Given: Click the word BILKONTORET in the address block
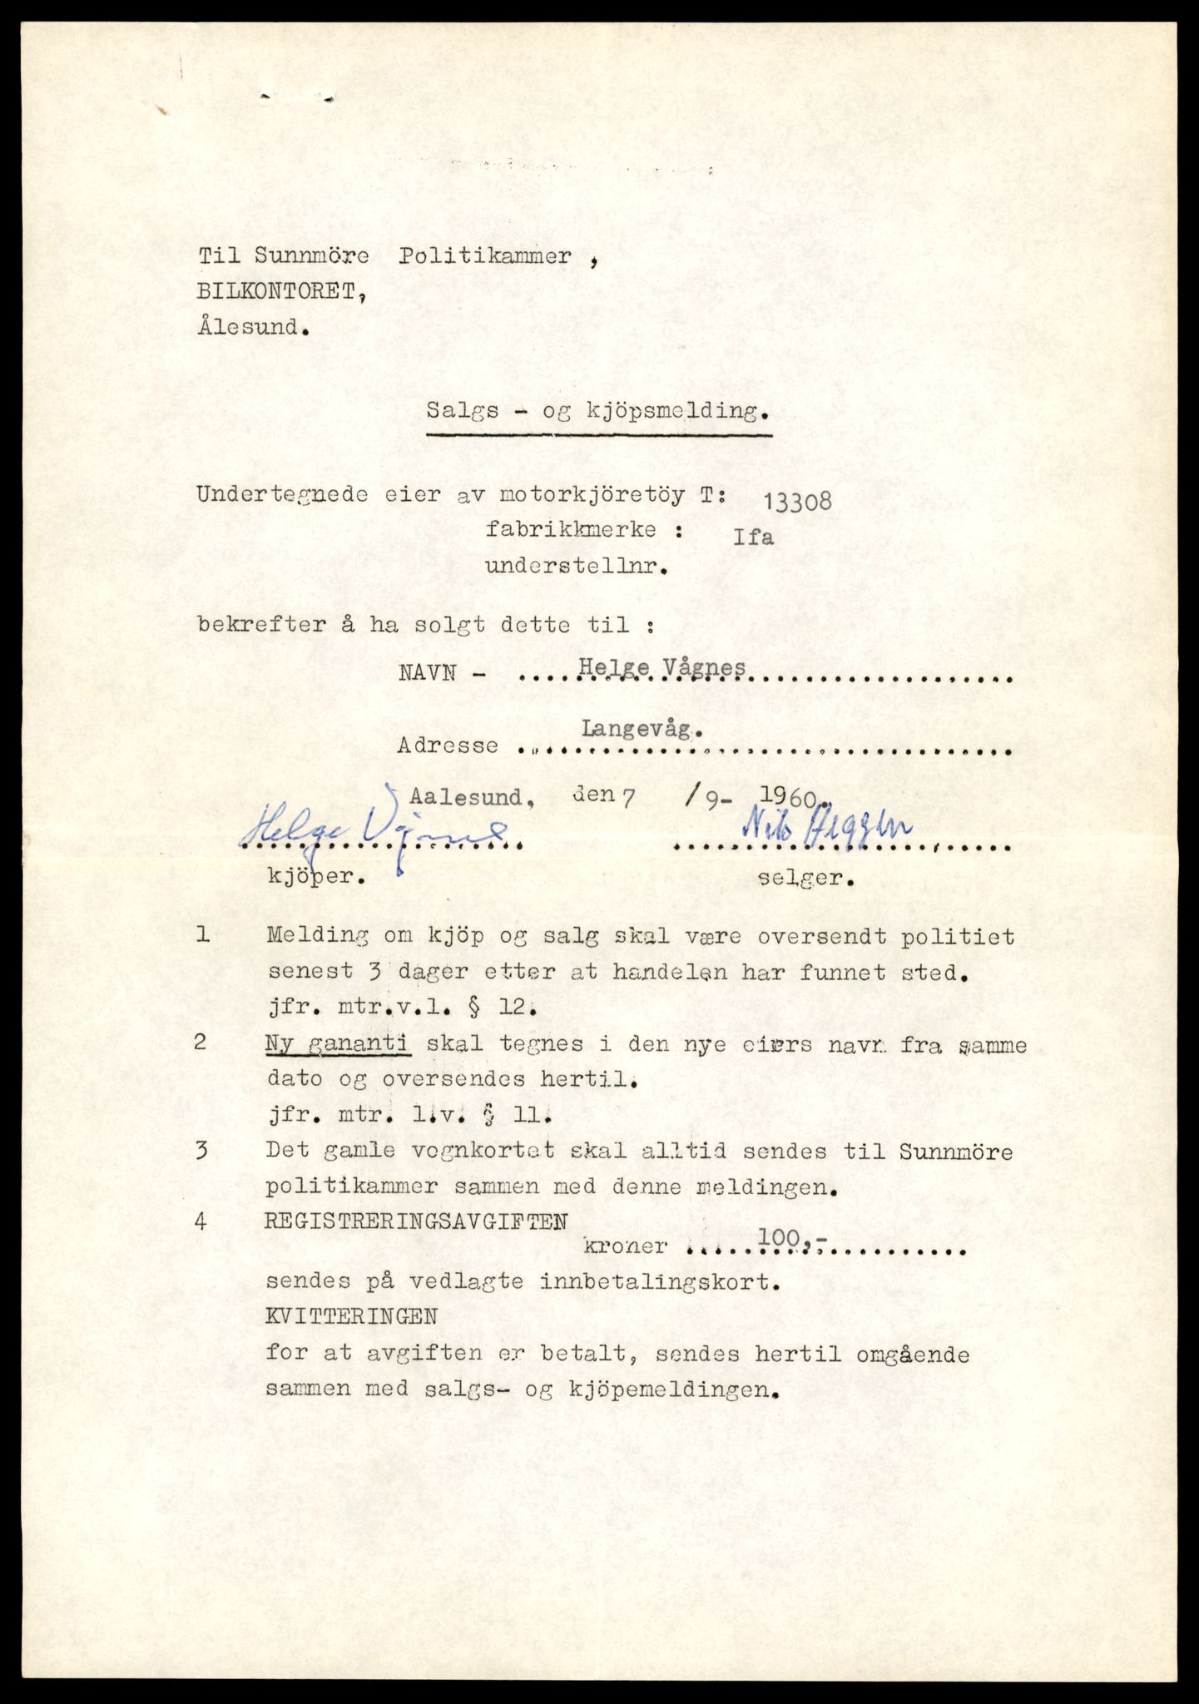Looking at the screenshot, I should (x=280, y=292).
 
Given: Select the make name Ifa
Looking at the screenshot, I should (x=753, y=537).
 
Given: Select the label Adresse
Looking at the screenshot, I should (x=448, y=745).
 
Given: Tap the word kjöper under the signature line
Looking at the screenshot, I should (x=315, y=877).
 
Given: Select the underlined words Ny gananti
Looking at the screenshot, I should (x=339, y=1043).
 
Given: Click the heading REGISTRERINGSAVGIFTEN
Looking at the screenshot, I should (x=416, y=1221).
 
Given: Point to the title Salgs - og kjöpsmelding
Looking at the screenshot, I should (x=598, y=411).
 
